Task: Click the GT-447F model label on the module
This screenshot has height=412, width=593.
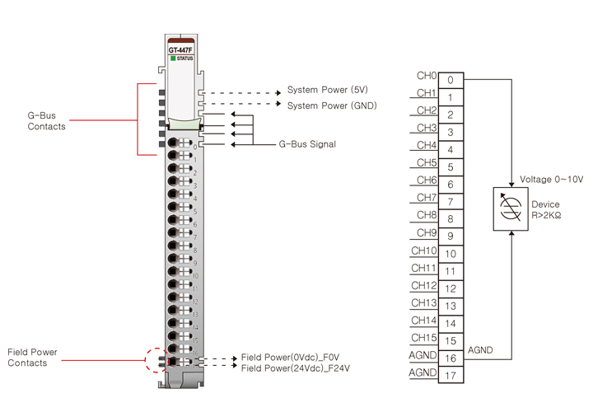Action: (x=180, y=50)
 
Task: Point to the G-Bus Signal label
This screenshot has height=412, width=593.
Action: (x=307, y=144)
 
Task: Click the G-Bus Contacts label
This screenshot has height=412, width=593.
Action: (x=46, y=121)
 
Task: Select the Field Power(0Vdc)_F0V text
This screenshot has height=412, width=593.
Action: (x=290, y=357)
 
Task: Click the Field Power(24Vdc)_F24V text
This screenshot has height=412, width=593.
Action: (x=296, y=368)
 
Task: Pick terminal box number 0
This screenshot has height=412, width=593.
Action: (x=451, y=80)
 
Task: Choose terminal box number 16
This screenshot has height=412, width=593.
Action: (x=451, y=358)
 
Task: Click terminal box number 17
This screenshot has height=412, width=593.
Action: (x=451, y=376)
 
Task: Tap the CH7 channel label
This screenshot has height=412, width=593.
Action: (x=427, y=198)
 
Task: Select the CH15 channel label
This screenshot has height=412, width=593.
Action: (x=423, y=337)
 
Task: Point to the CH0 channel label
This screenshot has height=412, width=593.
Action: (x=427, y=75)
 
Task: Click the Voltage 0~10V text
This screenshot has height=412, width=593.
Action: (x=551, y=180)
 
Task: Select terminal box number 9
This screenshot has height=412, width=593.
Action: (x=451, y=236)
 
